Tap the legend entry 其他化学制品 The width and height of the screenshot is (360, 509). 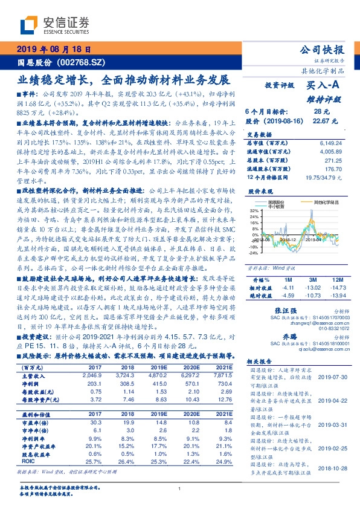328,201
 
